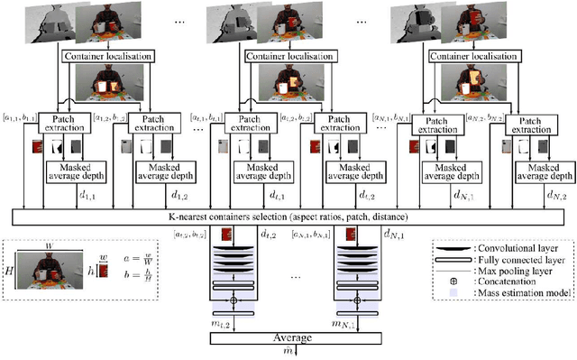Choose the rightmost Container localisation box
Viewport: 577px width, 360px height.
click(474, 57)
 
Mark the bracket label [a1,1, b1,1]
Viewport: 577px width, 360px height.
click(17, 117)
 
